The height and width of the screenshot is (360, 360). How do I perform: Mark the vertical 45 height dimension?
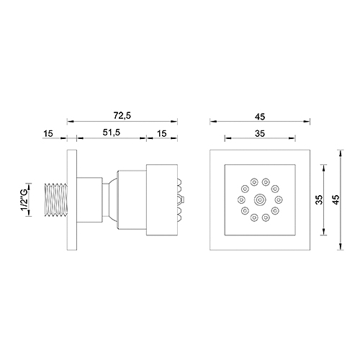tap(335, 200)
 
